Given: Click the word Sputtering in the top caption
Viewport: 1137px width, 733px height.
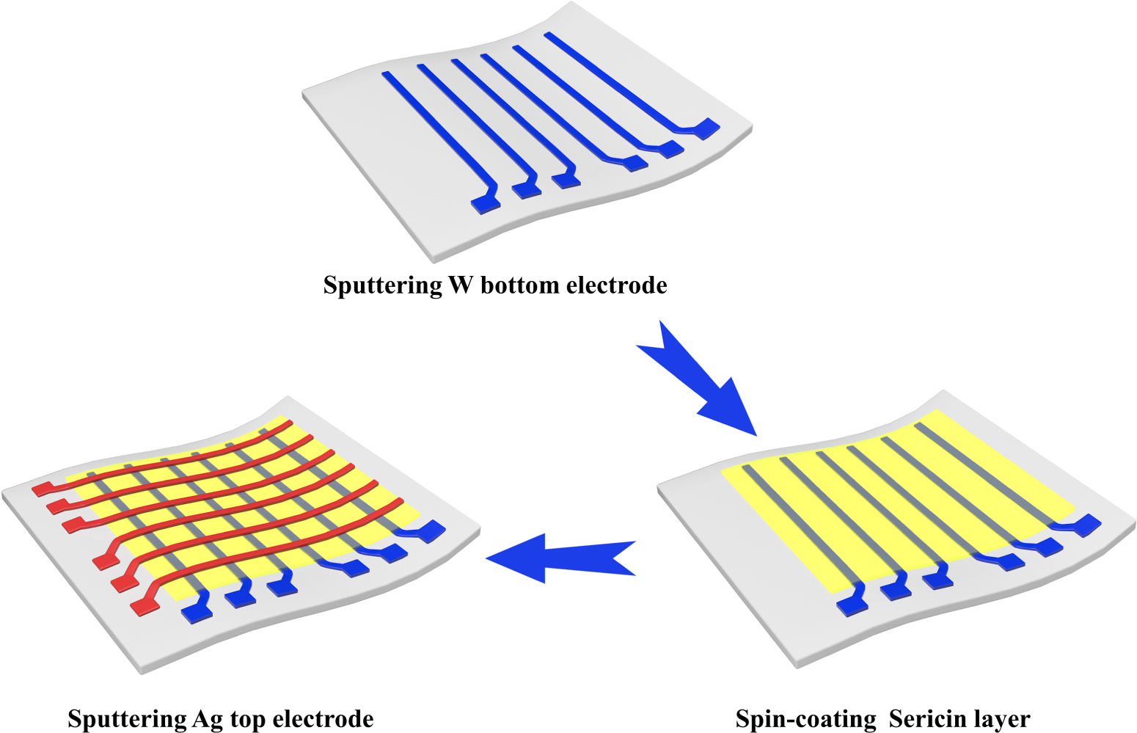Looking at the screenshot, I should click(382, 285).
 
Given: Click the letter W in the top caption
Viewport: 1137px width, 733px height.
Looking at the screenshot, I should click(460, 285).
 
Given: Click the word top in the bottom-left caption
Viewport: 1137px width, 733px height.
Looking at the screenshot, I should click(249, 720).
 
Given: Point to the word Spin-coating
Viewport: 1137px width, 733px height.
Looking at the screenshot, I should click(805, 719).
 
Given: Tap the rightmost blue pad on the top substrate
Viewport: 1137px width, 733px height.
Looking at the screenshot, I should click(707, 128).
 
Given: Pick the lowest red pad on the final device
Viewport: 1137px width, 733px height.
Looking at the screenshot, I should click(144, 606).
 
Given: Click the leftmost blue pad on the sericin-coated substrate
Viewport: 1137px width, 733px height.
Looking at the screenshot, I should click(852, 605).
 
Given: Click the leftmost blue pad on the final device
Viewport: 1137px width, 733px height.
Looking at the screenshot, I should click(196, 611).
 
